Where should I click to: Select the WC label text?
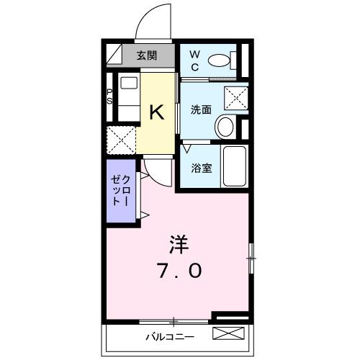point(195,60)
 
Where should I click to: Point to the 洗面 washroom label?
point(201,110)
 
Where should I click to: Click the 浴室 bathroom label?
point(201,168)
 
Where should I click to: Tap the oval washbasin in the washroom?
point(226,128)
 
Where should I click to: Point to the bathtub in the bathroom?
point(233,166)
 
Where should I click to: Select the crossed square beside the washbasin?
point(233,97)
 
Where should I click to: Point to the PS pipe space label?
point(109,96)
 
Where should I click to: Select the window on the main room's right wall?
point(251,255)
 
